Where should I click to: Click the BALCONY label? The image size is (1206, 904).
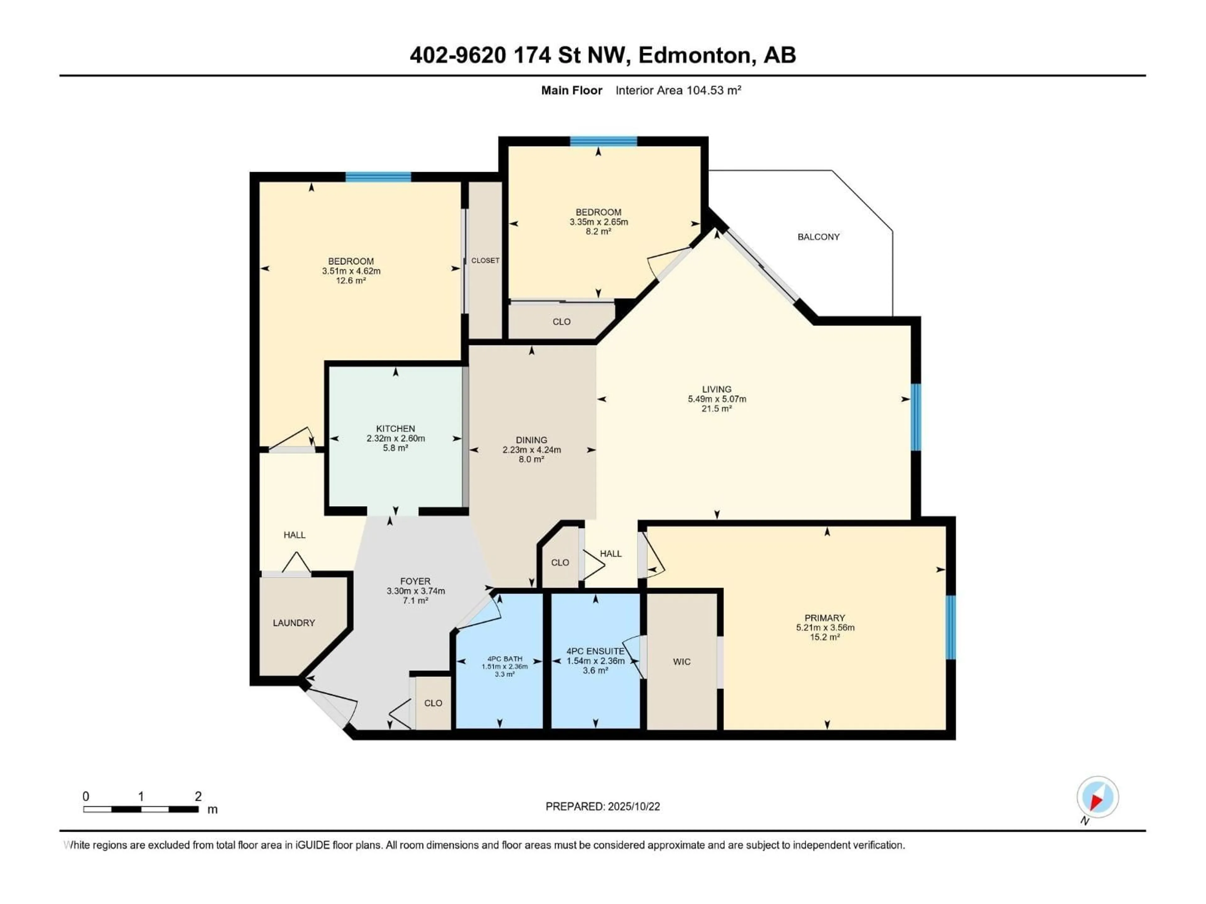818,237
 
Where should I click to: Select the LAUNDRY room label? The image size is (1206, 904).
294,623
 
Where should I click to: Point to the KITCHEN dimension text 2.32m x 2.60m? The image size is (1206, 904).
395,439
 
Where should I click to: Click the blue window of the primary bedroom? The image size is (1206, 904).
951,627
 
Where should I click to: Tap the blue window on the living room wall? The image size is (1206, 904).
916,417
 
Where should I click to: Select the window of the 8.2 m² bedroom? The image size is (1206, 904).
604,142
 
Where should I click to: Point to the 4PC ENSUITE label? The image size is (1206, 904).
595,651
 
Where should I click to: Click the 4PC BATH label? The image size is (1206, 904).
505,659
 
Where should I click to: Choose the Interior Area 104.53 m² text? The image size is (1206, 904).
678,90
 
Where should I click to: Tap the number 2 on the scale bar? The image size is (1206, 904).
198,797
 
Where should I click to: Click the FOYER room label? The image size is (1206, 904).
415,581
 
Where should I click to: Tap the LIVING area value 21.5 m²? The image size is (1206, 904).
716,409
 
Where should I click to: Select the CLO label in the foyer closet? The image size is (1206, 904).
433,703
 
